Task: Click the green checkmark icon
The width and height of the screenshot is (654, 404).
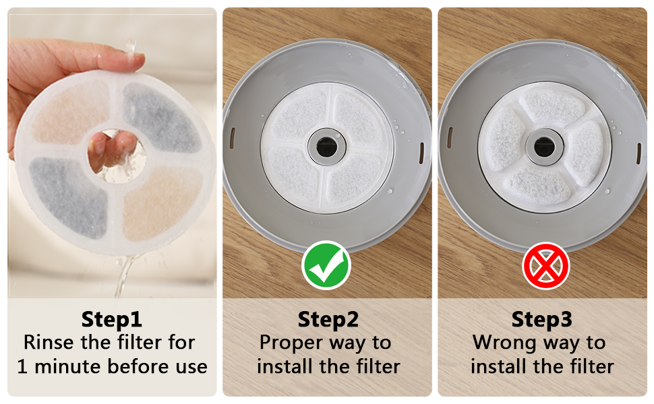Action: click(326, 265)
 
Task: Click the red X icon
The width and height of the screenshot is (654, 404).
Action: click(546, 266)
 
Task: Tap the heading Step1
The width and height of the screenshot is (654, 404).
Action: click(112, 320)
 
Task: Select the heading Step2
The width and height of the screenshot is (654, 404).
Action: click(328, 320)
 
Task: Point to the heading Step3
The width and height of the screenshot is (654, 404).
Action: click(542, 320)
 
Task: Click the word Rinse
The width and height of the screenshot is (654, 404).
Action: click(49, 342)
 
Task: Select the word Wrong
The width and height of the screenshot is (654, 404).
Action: click(504, 343)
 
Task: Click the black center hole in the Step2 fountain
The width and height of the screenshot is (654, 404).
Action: click(326, 147)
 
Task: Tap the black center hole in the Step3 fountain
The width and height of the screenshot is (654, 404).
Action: click(544, 147)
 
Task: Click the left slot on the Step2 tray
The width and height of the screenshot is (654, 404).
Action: click(233, 138)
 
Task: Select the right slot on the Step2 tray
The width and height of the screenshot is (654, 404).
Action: click(421, 153)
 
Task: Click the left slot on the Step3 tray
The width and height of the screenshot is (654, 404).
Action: click(450, 138)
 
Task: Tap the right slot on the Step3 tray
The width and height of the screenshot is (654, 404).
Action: click(639, 154)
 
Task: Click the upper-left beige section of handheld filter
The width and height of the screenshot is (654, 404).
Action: click(71, 112)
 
